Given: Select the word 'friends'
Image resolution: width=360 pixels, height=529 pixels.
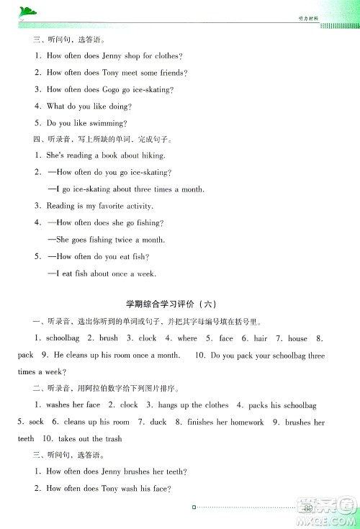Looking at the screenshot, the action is click(x=171, y=73).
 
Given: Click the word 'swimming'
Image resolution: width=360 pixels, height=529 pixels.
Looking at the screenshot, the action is click(x=109, y=123).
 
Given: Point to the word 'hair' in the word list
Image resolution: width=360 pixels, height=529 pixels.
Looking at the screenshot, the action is click(x=261, y=338).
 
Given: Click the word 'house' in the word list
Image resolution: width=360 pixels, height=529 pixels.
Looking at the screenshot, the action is click(x=297, y=338).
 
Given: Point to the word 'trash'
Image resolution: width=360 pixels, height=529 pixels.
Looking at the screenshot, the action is click(x=112, y=438).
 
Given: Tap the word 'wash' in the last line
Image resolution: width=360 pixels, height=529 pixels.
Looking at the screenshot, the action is click(x=133, y=489).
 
